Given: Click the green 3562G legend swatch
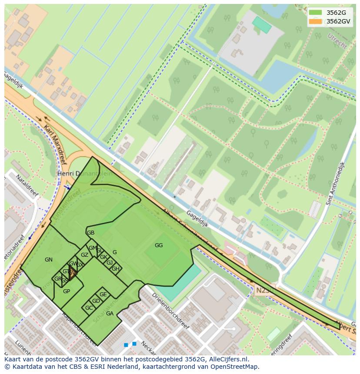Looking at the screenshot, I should click(316, 13).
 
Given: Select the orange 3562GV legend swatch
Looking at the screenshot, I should click(316, 21).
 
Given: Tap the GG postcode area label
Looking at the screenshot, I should click(159, 245).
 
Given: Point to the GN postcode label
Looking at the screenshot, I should click(49, 260).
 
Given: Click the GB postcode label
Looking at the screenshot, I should click(90, 233).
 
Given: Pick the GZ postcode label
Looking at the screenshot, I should click(84, 255).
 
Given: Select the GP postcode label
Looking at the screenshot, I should click(67, 291).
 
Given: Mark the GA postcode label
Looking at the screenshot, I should click(110, 314).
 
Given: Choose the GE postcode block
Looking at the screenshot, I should click(103, 295).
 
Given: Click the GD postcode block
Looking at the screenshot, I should click(96, 301).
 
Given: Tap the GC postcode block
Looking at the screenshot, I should click(89, 308).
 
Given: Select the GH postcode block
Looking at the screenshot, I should click(116, 269).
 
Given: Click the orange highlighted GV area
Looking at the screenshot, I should click(72, 273).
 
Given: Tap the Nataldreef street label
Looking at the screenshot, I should click(27, 185).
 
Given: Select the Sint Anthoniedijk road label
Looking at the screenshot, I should click(335, 183).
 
